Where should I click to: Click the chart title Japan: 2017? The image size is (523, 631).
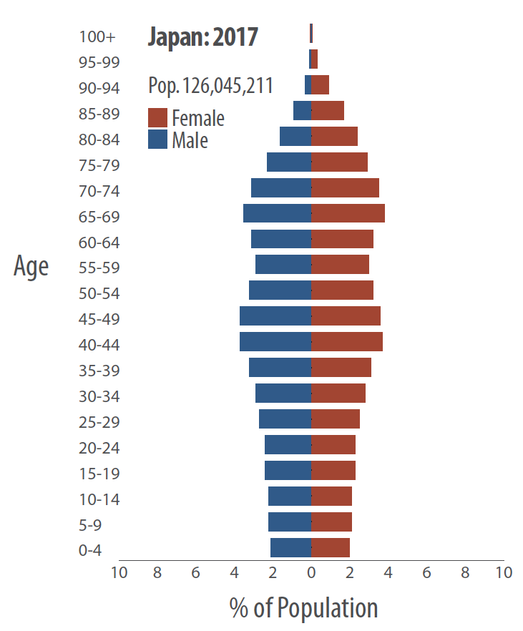pos(202,36)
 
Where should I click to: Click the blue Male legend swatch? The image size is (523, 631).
pos(157,140)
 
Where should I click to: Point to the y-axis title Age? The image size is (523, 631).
pos(31,266)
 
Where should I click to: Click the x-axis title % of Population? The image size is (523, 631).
pos(303,608)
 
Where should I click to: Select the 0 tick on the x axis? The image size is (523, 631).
pos(311,573)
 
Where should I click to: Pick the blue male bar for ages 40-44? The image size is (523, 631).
pos(275,342)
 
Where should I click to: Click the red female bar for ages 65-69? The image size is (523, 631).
pos(348,213)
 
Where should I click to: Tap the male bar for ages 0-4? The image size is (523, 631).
pos(290,548)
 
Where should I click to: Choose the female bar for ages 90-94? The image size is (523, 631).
pos(320,85)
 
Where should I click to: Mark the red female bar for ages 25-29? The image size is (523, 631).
pos(336,419)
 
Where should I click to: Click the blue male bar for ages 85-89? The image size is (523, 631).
pos(302,111)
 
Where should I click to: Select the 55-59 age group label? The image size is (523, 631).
pos(99,268)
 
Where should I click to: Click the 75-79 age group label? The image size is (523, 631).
pos(99,165)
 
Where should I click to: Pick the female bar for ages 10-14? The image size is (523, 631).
pos(331,497)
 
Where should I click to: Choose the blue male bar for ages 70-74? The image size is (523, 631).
pos(281,188)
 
